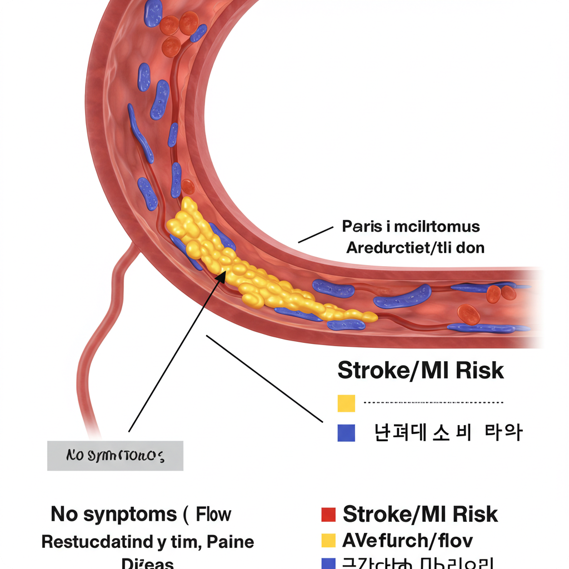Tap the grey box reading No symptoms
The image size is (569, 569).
point(115,456)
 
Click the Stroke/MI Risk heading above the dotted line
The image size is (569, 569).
point(421,371)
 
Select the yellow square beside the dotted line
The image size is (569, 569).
point(346,403)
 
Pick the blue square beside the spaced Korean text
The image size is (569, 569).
point(346,432)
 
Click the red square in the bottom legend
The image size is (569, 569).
point(329,515)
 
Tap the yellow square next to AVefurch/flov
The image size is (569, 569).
point(329,540)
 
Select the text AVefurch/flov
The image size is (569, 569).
point(407,540)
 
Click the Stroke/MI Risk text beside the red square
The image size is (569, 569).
point(420,515)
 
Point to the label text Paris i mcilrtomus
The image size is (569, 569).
point(411,227)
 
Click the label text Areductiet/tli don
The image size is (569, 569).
point(415,248)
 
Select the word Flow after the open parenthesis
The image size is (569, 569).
point(214,515)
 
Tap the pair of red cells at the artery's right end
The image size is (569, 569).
point(501,293)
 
